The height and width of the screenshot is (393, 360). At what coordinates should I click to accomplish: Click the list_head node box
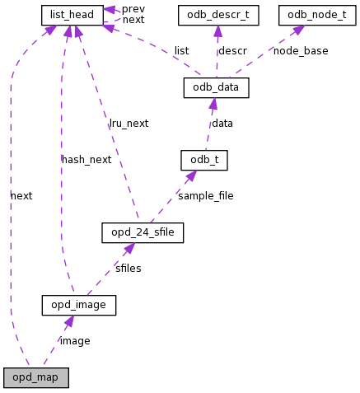72,15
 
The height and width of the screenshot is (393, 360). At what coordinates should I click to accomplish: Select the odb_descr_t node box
218,15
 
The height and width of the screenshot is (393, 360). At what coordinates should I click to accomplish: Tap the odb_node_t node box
316,15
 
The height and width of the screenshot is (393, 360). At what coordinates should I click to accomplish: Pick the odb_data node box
216,87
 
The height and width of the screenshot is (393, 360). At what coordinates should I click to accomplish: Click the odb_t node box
203,160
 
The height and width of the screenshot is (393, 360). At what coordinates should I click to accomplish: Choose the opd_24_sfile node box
142,233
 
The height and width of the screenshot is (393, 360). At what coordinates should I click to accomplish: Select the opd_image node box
78,306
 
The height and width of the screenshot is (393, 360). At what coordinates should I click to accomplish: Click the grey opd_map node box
35,378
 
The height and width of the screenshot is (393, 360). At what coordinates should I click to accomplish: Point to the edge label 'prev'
133,9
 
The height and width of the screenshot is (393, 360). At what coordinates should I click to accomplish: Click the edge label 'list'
181,51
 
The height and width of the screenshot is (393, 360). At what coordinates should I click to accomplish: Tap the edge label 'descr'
231,51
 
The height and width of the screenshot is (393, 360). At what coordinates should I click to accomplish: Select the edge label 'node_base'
300,51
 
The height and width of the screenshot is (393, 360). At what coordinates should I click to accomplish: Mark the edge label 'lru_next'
129,124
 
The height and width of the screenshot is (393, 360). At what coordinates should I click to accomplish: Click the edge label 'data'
222,124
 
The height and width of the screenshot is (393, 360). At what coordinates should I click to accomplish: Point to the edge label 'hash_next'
86,160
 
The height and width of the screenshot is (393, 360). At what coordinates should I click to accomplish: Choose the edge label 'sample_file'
205,196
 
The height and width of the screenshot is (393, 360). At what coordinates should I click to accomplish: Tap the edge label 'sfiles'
128,269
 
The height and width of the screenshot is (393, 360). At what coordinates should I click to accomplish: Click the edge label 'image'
75,341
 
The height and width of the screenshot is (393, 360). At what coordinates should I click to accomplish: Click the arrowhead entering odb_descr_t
218,30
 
